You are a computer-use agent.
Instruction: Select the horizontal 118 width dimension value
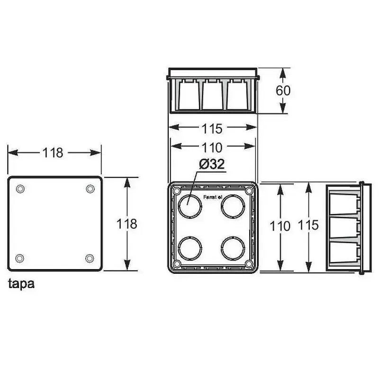coord(53,153)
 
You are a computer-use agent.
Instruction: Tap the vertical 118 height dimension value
coord(127,224)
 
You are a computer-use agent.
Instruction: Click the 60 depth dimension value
coord(283,90)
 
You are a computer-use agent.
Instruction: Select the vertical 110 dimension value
coord(280,226)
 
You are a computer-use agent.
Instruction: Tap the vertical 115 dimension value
coord(308,226)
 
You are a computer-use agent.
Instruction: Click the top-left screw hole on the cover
coord(20,189)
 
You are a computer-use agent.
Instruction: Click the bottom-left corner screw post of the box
coord(177,263)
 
